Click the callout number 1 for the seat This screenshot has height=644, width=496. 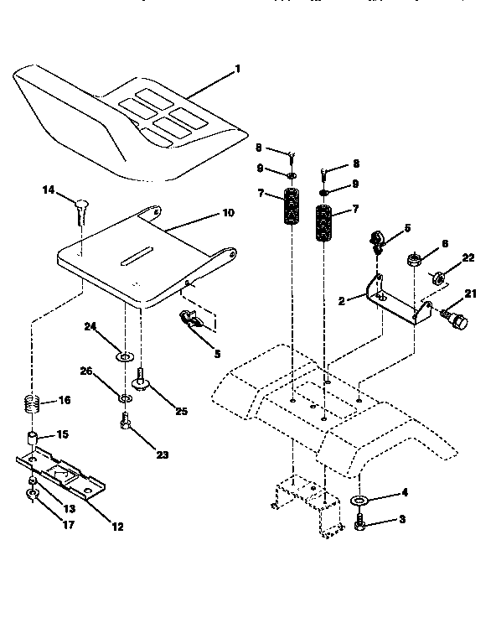point(238,68)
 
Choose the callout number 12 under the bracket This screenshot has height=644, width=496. point(116,527)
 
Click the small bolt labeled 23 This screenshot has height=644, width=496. point(124,424)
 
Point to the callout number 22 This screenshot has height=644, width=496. point(468,257)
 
